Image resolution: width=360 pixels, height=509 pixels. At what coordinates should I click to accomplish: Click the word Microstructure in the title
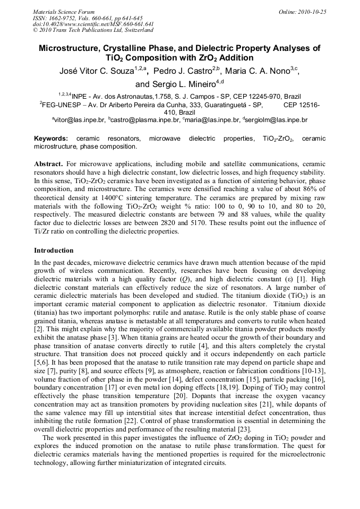72,48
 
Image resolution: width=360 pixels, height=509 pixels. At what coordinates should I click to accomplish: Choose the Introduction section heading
54,250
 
